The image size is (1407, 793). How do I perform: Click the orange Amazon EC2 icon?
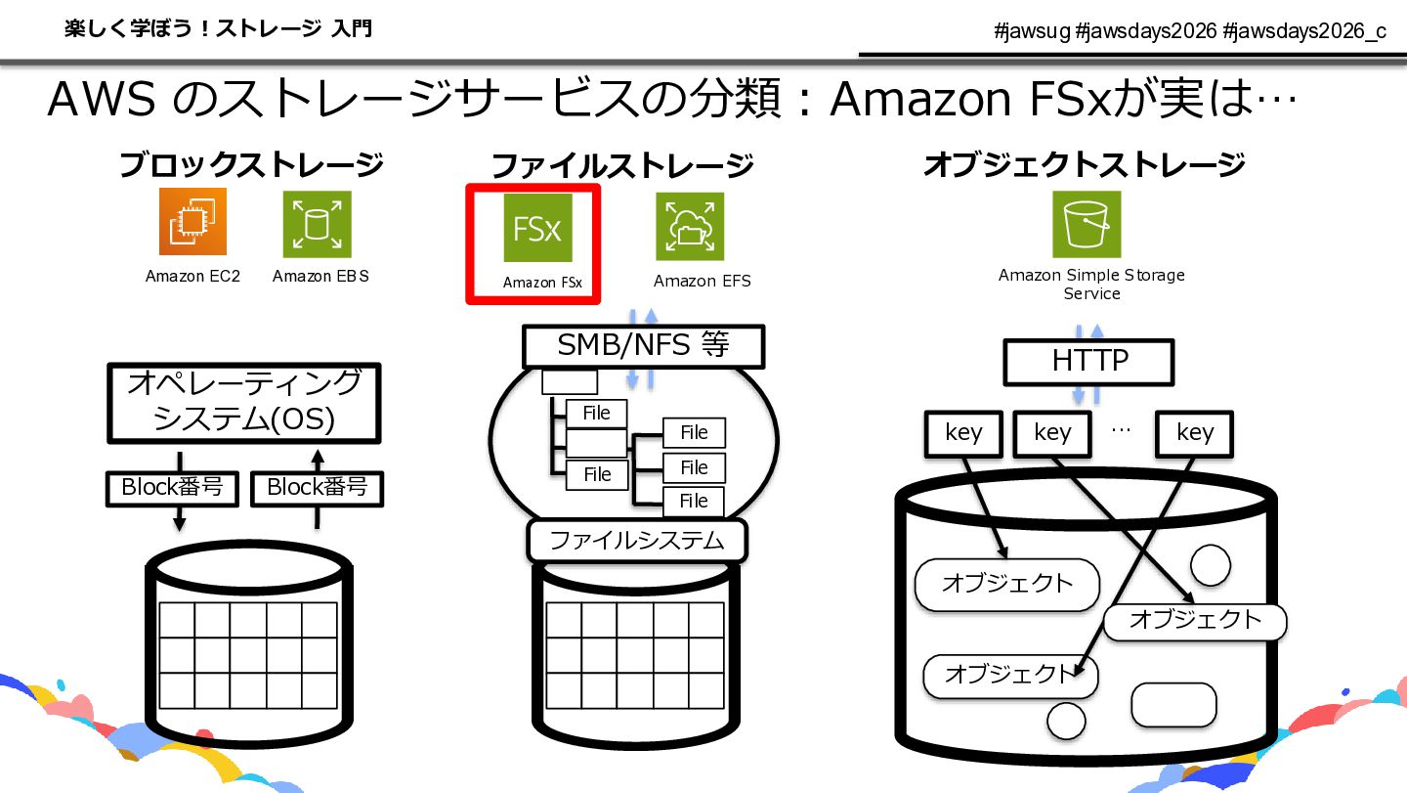point(192,221)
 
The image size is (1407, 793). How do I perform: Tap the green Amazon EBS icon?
point(318,224)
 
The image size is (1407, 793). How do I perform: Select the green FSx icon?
point(537,228)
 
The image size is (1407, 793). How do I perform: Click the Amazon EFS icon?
point(690,226)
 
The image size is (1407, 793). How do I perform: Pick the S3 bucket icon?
point(1087,224)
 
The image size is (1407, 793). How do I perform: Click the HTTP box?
point(1089,362)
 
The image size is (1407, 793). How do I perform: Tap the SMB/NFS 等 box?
point(643,345)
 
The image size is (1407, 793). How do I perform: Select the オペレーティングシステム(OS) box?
point(244,403)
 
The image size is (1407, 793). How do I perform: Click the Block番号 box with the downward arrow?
point(172,488)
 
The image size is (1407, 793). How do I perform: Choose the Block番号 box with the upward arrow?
point(318,488)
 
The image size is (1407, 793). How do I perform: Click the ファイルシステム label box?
point(637,541)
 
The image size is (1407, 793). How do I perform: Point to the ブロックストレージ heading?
point(251,164)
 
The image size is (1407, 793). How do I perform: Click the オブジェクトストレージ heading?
point(1085,164)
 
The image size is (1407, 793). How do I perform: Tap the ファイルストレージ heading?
point(621,166)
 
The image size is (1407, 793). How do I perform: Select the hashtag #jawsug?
point(1032,30)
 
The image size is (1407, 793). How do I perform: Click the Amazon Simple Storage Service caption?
point(1091,284)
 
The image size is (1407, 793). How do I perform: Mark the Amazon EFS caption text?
point(703,281)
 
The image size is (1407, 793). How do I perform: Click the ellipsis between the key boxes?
point(1122,430)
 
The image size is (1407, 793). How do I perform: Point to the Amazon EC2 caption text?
point(192,277)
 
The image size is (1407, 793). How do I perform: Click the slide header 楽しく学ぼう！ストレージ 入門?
point(219,29)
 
